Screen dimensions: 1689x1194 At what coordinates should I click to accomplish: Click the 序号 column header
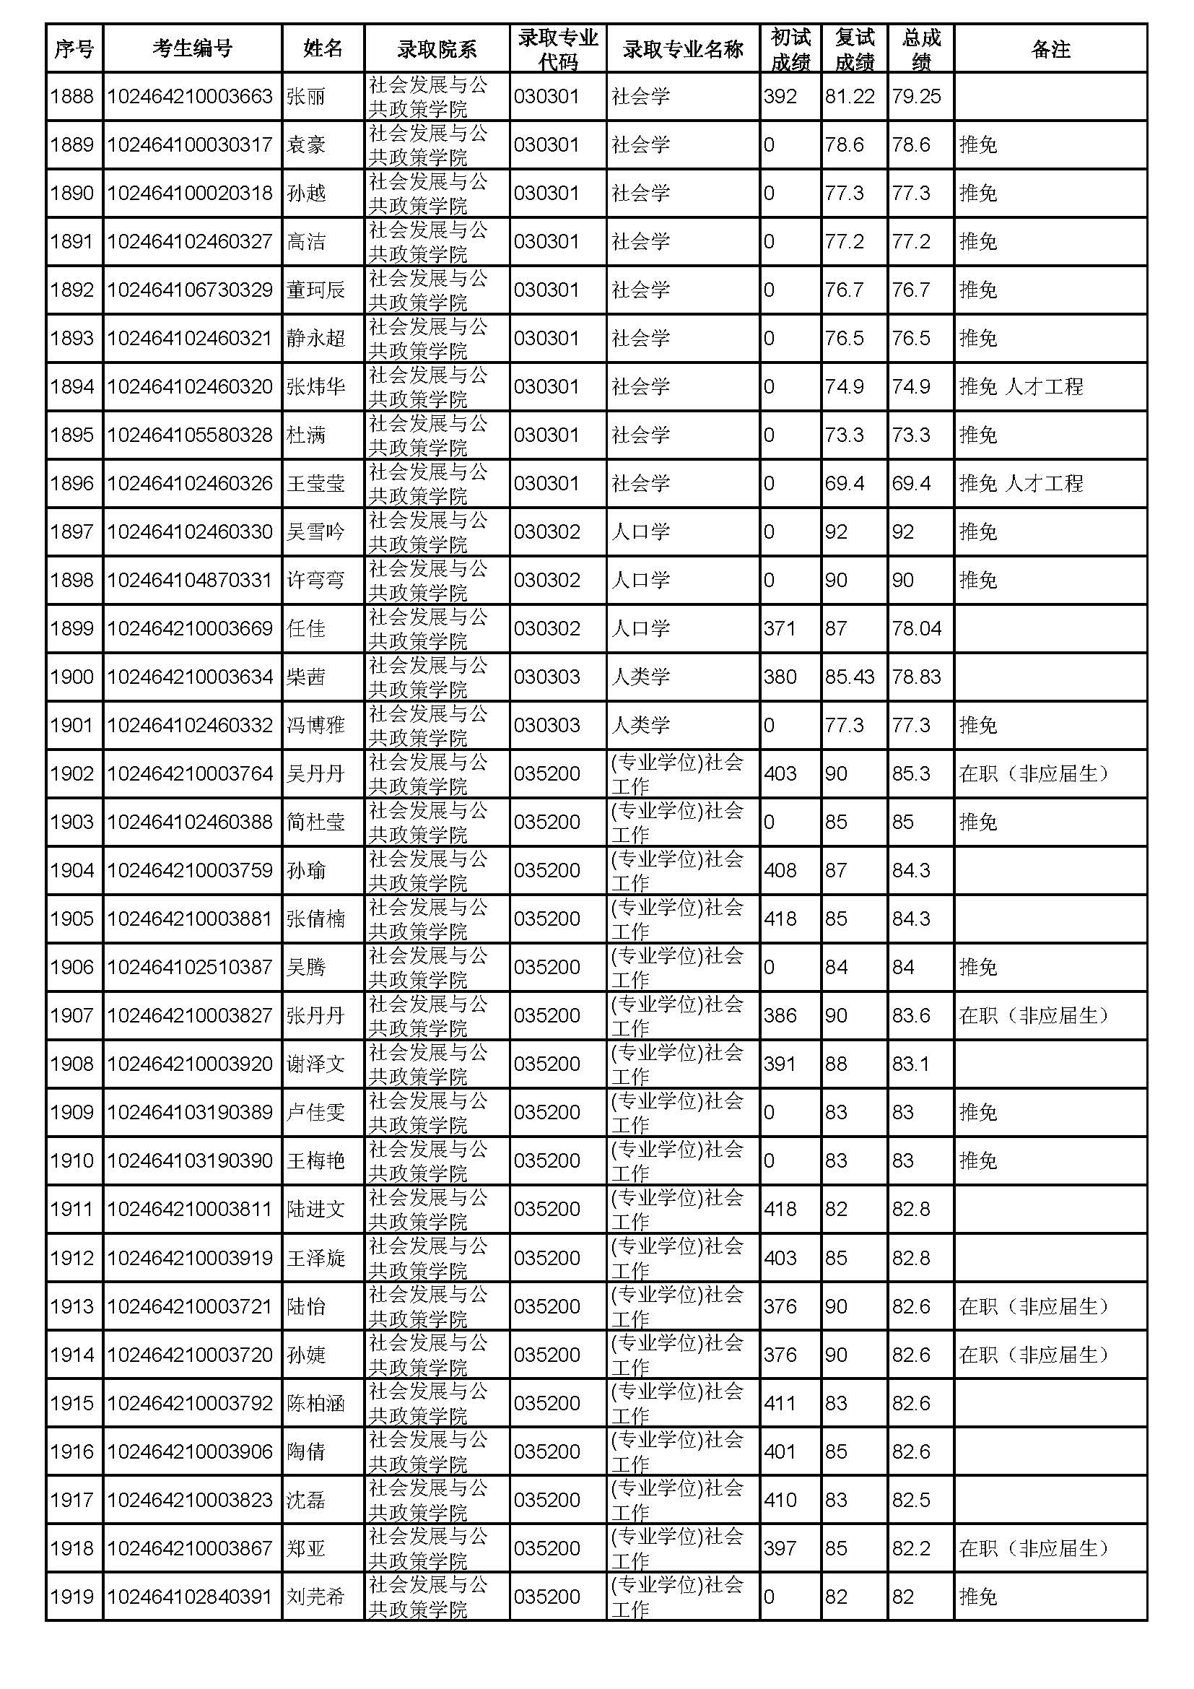[74, 48]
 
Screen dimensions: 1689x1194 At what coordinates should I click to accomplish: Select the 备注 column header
[1050, 48]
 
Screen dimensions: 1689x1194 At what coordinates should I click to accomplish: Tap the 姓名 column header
[323, 48]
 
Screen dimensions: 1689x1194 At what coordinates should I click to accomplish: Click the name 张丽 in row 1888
[305, 96]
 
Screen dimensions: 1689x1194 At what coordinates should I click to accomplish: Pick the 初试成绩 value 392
[780, 96]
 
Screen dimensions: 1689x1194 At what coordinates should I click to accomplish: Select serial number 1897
[72, 532]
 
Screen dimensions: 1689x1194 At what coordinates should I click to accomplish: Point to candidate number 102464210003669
[190, 629]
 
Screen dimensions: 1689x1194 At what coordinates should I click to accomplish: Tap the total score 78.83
[916, 677]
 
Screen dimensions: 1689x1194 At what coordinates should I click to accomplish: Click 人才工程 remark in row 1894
[1043, 387]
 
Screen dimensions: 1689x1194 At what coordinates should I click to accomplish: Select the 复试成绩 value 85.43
[850, 677]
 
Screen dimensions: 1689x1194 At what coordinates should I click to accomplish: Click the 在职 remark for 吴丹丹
[1034, 774]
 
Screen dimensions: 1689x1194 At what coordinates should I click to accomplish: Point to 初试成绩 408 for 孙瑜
[780, 870]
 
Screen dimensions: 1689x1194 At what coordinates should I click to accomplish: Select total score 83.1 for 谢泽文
[911, 1064]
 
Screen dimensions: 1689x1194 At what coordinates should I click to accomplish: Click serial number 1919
[72, 1597]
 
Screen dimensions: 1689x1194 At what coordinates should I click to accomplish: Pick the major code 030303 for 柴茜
[547, 677]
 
